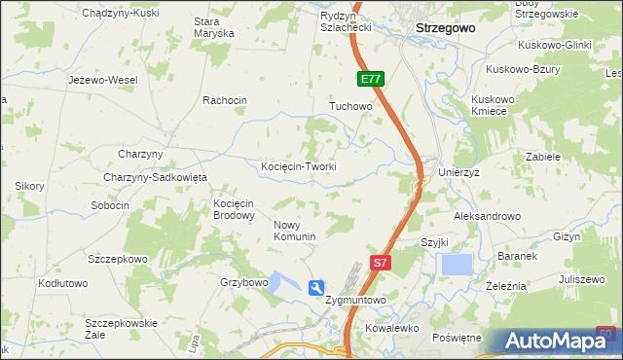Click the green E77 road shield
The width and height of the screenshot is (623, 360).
[370, 79]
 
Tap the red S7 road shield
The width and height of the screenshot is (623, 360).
[382, 262]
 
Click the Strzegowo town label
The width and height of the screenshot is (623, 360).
[445, 28]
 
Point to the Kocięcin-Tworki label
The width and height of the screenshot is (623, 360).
[299, 166]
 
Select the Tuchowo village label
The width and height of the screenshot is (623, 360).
[351, 106]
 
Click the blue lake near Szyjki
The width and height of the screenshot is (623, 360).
[456, 264]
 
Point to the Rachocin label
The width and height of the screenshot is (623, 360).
[225, 100]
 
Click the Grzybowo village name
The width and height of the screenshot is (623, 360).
[243, 282]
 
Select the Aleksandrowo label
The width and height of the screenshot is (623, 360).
[488, 216]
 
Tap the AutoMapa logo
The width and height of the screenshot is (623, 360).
[560, 342]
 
